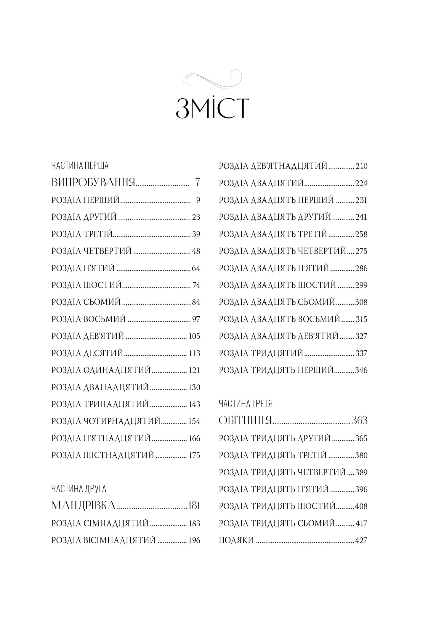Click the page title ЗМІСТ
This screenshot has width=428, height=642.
tap(212, 109)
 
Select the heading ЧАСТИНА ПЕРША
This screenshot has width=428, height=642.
tap(80, 166)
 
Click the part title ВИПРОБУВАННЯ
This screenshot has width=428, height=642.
tap(93, 183)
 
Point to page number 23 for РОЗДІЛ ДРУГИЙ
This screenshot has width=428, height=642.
tap(196, 217)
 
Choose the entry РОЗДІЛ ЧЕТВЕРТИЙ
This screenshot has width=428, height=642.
tap(92, 251)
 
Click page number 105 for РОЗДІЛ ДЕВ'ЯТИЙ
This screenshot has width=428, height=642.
tap(194, 336)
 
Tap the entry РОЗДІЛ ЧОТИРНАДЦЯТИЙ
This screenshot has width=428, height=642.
tap(106, 421)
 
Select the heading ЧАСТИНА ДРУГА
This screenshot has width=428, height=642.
tap(79, 489)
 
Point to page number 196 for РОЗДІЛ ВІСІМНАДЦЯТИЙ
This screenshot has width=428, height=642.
tap(194, 540)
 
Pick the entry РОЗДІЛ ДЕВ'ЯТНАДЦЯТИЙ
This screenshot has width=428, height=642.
tap(273, 166)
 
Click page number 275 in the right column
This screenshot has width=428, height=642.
tap(361, 251)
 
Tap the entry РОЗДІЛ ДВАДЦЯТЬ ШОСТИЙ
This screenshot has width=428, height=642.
tap(278, 285)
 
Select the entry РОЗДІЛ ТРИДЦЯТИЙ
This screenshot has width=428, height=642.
tap(261, 353)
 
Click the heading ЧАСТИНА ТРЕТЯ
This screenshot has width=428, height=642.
tap(246, 404)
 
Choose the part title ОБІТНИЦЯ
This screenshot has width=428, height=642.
tap(245, 421)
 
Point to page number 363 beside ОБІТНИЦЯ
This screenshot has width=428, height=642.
tap(360, 421)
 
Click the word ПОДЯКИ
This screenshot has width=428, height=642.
tap(236, 540)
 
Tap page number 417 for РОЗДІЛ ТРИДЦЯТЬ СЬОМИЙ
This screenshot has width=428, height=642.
tap(361, 524)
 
